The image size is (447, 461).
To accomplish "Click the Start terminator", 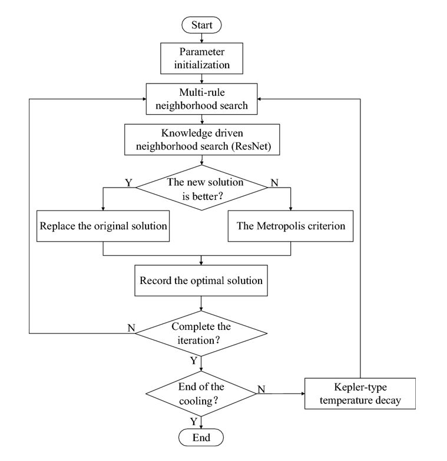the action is [201, 25].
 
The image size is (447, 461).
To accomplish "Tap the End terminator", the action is [201, 437].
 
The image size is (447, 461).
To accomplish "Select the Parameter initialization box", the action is [201, 58].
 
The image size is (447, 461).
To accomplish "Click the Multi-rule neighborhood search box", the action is [201, 99].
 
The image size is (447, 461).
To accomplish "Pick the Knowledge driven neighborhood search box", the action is [202, 139].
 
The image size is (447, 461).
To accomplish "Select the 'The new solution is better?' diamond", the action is [201, 188].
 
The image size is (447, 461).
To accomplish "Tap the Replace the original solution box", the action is [103, 226].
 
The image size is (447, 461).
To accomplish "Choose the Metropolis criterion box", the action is [291, 226].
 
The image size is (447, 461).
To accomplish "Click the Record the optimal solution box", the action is [201, 280].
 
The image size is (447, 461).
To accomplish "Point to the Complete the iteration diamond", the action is [201, 333].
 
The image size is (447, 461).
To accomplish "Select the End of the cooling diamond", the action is [201, 394].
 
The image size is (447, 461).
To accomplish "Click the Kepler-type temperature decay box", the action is [360, 394].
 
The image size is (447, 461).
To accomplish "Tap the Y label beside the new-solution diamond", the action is [128, 182].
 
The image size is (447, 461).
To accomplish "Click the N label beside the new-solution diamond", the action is [274, 182].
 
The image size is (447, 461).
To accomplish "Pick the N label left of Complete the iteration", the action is [131, 328].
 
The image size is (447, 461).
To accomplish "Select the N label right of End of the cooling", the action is [261, 389].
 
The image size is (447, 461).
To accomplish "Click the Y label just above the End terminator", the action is [193, 422].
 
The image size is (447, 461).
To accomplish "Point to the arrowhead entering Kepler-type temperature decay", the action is [303, 394].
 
